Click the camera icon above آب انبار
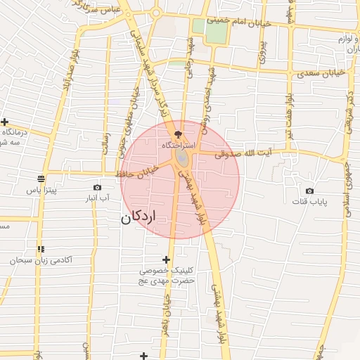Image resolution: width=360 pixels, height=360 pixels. click(x=97, y=187)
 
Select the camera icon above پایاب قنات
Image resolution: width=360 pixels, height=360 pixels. click(x=309, y=191)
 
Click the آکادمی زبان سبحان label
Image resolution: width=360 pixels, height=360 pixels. click(x=41, y=260)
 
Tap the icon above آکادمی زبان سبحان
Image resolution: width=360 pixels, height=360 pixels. click(x=41, y=249)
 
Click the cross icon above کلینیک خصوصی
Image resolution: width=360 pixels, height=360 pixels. click(x=166, y=259)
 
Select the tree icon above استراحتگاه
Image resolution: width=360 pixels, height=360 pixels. click(x=177, y=132)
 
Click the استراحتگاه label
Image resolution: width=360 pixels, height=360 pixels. click(x=177, y=143)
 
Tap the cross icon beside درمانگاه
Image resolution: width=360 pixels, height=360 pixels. click(x=4, y=122)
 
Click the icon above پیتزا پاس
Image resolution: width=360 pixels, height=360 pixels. click(x=41, y=178)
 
